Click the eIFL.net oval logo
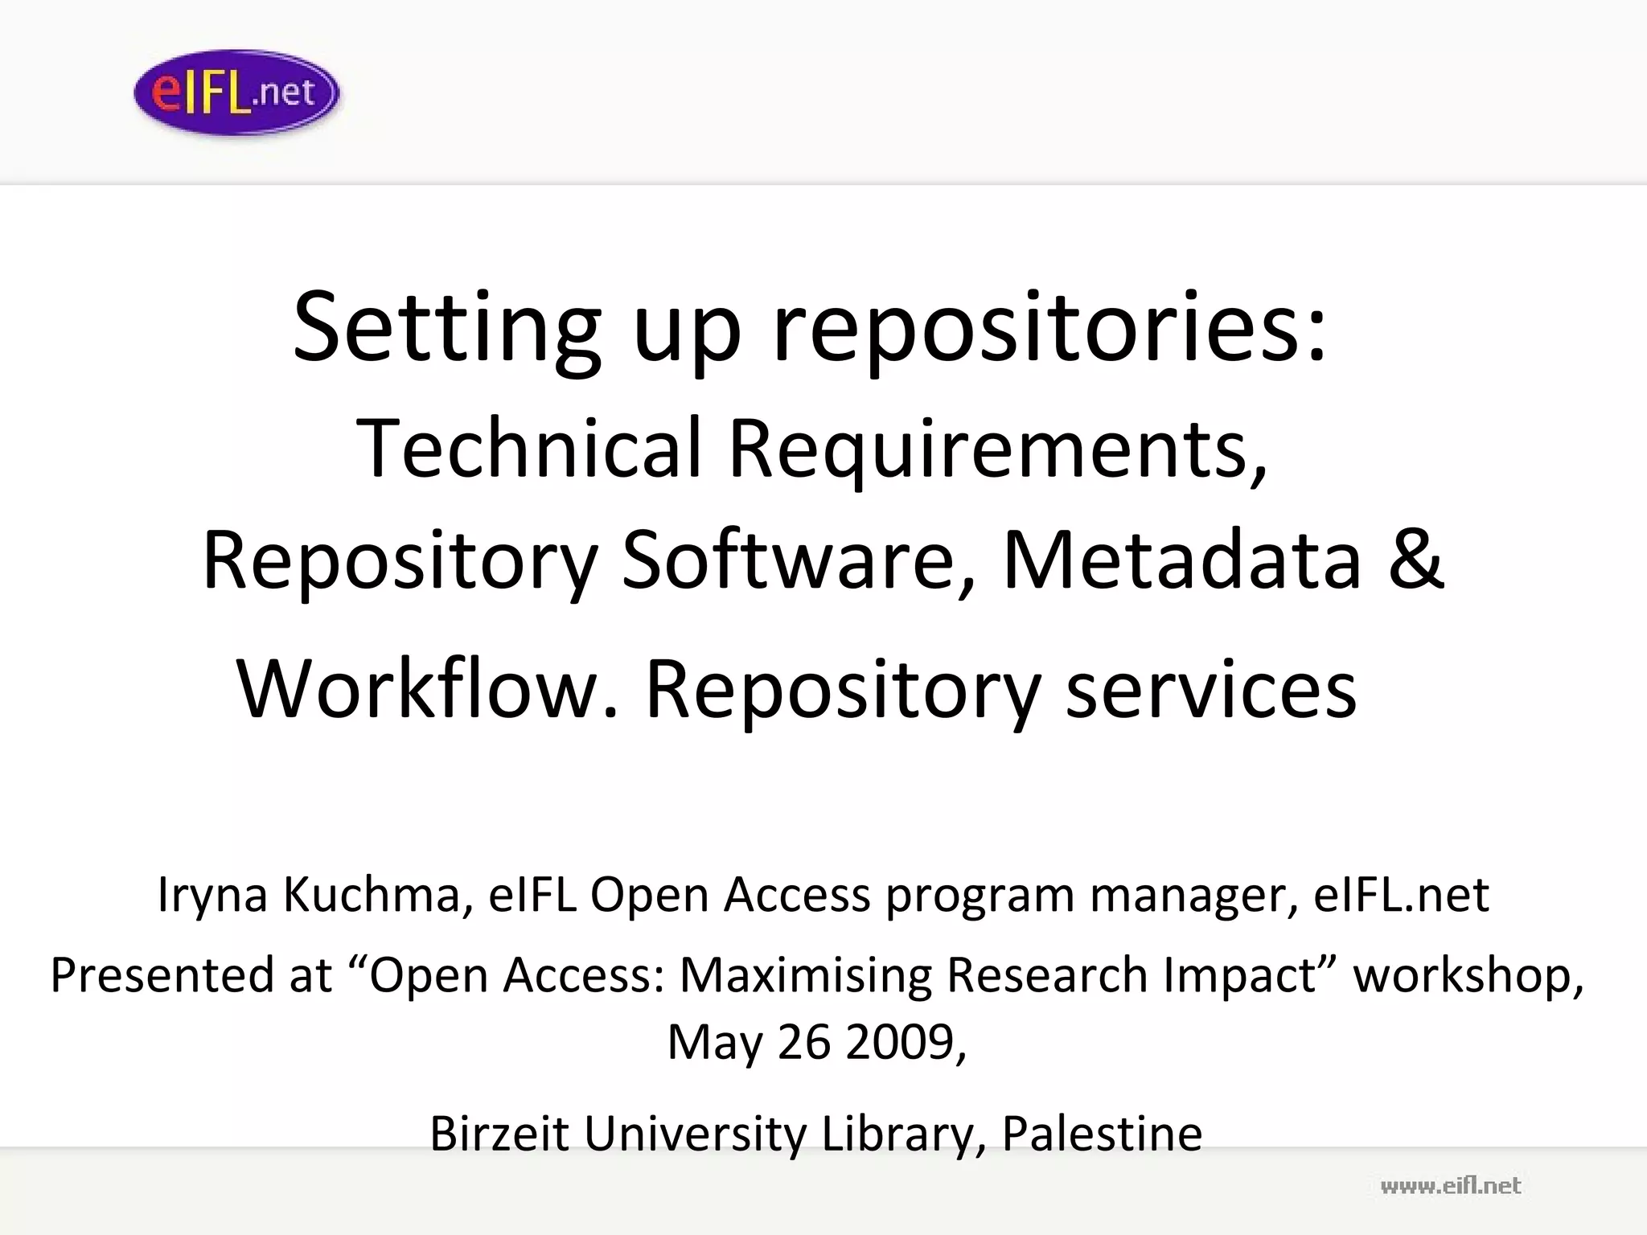(236, 92)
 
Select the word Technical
(530, 448)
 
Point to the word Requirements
(997, 448)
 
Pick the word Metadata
(1182, 560)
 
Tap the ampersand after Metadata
(1417, 560)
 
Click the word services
(1212, 689)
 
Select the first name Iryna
(212, 894)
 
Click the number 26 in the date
(804, 1042)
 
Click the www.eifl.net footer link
(1450, 1186)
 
